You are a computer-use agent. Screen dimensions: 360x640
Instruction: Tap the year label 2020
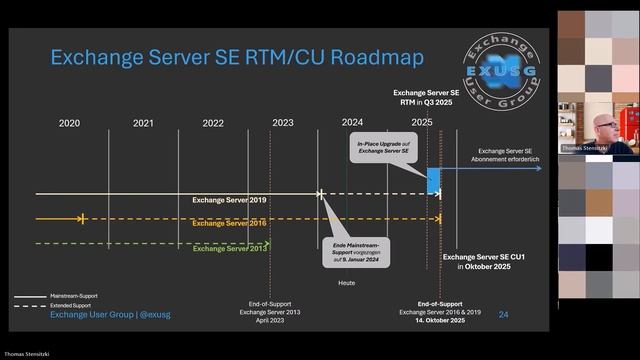tap(69, 123)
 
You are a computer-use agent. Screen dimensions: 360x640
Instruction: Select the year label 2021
tap(143, 123)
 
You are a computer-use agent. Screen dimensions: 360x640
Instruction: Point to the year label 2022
tap(212, 123)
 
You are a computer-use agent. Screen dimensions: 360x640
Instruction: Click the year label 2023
tap(283, 123)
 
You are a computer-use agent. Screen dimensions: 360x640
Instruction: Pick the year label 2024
tap(352, 123)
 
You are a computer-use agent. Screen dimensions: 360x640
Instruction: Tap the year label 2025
tap(421, 123)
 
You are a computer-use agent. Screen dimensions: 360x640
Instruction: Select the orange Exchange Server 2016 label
tap(229, 223)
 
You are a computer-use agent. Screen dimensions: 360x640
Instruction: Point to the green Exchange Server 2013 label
tap(229, 248)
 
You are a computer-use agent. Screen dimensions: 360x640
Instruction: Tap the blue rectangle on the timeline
tap(434, 181)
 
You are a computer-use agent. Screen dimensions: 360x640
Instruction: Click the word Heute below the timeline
tap(346, 283)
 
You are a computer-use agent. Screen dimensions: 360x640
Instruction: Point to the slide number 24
tap(503, 315)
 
